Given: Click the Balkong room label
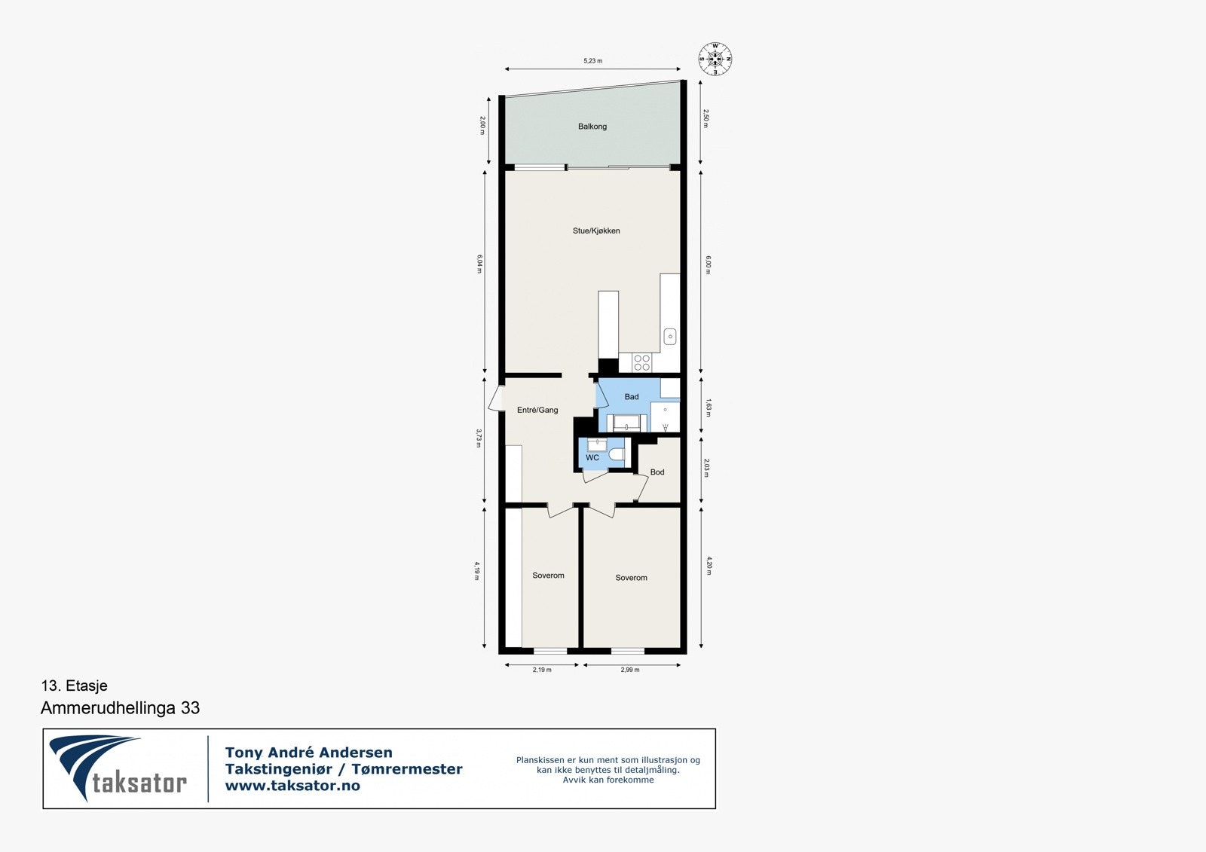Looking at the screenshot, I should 592,127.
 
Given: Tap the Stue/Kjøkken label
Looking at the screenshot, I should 596,231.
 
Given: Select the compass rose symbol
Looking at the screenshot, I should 715,60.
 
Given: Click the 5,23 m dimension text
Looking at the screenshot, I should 593,61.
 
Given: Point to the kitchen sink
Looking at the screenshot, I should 669,337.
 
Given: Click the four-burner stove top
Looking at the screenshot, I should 641,362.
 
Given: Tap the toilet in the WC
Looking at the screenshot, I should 617,454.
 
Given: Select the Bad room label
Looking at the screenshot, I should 632,397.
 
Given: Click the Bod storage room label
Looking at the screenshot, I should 657,472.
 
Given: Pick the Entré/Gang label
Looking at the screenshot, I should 537,411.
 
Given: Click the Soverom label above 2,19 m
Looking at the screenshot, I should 548,576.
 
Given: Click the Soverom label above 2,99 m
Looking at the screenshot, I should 631,578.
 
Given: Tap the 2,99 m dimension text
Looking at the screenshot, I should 630,670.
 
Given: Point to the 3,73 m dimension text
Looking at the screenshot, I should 479,438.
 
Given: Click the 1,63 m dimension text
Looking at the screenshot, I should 708,407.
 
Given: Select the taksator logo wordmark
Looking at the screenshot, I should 139,783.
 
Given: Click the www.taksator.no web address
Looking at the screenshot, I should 292,786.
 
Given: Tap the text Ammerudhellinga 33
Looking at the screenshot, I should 120,708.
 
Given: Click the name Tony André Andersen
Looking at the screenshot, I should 308,753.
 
